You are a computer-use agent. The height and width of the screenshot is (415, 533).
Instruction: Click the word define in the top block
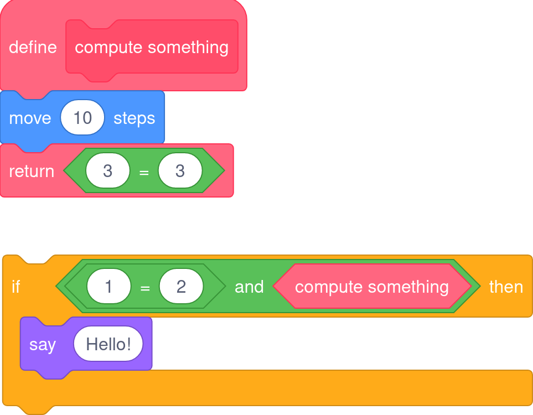[33, 47]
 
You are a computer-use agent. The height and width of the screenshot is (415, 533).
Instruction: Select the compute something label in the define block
[152, 47]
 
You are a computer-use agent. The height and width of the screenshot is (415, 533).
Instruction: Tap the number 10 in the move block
[82, 118]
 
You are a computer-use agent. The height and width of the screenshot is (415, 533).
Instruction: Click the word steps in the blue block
[134, 118]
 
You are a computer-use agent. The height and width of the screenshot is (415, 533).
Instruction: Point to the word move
[30, 118]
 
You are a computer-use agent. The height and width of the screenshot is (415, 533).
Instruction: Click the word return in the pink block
[32, 171]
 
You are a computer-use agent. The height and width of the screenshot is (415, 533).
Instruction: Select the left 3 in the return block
[108, 171]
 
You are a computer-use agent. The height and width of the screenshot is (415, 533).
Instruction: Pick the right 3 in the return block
[180, 171]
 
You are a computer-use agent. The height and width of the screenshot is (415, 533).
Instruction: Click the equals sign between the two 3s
[144, 172]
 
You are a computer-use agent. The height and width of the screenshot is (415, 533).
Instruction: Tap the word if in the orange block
[16, 287]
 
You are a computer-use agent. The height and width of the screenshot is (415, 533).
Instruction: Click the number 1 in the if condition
[109, 287]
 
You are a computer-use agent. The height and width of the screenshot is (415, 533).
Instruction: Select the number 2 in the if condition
[181, 287]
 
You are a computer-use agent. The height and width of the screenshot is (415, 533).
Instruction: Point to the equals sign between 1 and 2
[145, 288]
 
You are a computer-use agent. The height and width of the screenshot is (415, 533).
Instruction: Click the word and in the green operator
[249, 287]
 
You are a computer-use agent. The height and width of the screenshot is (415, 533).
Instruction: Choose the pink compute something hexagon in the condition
[372, 287]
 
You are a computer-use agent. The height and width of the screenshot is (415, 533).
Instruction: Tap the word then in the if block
[506, 287]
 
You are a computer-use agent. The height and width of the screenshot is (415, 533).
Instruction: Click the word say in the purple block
[43, 344]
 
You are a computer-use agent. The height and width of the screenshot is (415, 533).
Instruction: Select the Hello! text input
[108, 344]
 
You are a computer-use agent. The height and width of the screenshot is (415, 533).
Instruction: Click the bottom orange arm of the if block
[277, 387]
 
